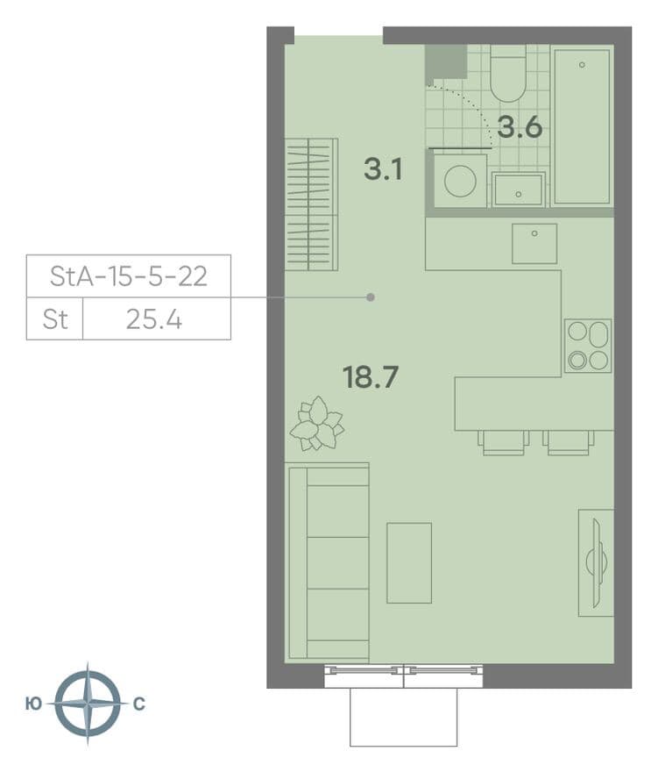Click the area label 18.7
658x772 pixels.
coord(371,377)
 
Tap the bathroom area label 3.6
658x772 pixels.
coord(520,127)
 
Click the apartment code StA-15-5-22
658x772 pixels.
coord(128,276)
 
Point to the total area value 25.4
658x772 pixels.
coord(154,319)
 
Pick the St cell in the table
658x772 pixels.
coord(54,319)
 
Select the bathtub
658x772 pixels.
coord(583,126)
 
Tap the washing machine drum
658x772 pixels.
coord(460,181)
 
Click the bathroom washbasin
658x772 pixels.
coord(519,189)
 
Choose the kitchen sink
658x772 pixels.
coord(534,244)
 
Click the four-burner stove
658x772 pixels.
coord(588,346)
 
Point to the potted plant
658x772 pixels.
coord(317,424)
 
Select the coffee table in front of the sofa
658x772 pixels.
coord(409,562)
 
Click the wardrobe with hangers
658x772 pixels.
coord(311,204)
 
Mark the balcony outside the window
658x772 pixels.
coord(404,717)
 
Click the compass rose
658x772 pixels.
coord(88,704)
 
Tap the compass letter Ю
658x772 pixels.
coord(33,704)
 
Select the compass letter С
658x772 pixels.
coord(139,704)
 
